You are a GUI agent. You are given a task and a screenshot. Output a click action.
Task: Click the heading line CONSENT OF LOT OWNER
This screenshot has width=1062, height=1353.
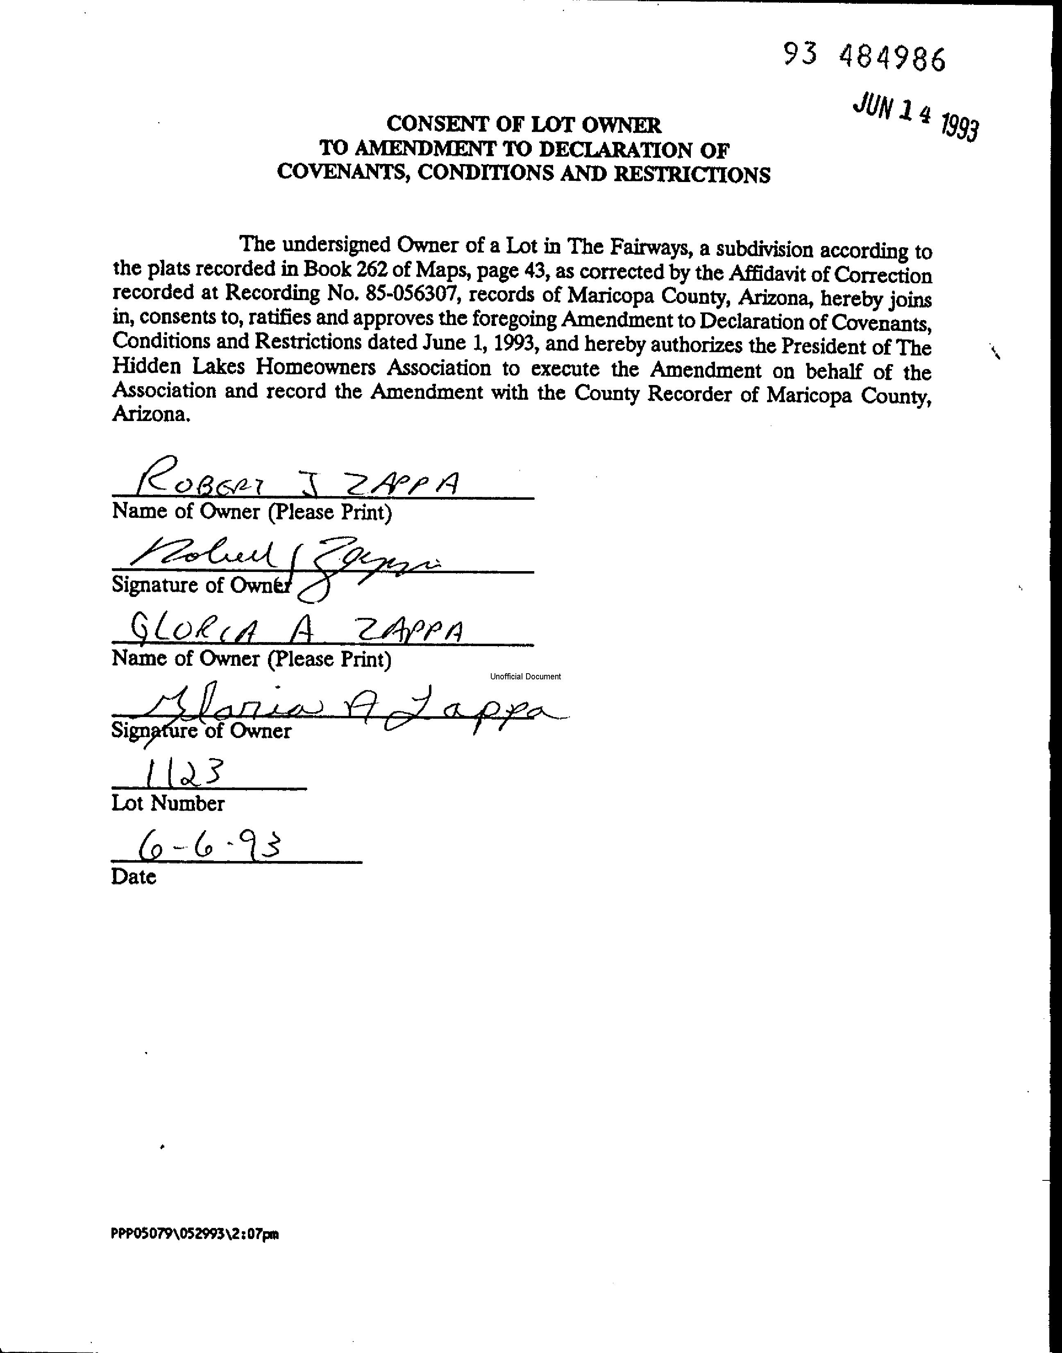point(524,124)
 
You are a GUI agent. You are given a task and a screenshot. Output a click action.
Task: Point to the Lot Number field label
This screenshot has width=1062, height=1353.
point(168,803)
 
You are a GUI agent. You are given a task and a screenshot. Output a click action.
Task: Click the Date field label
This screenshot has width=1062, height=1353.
point(133,877)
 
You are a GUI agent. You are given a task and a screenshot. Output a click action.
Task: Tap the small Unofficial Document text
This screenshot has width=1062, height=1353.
point(525,676)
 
